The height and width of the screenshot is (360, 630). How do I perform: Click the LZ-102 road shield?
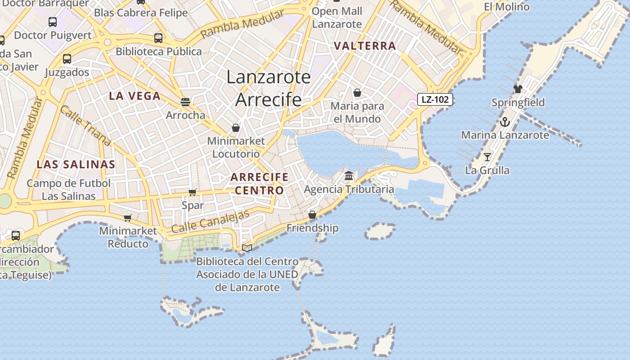(x=435, y=99)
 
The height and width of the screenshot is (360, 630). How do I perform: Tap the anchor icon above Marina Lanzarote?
(x=504, y=122)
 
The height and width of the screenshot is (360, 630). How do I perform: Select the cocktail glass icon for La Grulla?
(x=487, y=157)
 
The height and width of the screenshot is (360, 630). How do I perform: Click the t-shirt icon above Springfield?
(x=518, y=89)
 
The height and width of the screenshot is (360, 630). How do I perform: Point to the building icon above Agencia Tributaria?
(x=349, y=176)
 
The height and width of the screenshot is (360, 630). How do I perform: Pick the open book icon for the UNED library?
(x=247, y=247)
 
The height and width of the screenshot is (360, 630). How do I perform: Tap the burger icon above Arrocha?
(x=185, y=102)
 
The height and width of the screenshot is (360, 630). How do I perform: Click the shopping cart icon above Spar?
(x=193, y=193)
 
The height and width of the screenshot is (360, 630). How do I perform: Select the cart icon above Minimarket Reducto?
(x=128, y=218)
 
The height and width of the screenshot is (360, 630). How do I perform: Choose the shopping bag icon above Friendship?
(x=312, y=215)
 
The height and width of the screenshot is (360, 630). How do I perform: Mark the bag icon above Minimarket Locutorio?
(x=236, y=128)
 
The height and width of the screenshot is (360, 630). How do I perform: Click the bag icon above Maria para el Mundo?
(x=357, y=93)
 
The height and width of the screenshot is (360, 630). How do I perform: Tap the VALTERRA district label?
(x=365, y=46)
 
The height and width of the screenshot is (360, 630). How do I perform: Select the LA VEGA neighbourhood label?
(x=135, y=96)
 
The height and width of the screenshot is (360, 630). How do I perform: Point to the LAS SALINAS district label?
(x=76, y=164)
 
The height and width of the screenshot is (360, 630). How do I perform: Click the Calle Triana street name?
(x=85, y=126)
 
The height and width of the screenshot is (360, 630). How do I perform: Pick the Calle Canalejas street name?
(x=210, y=221)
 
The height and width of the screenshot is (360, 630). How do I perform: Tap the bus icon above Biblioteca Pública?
(x=158, y=38)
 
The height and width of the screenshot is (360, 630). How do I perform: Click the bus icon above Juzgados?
(x=67, y=59)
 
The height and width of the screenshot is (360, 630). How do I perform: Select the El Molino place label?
(x=507, y=7)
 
